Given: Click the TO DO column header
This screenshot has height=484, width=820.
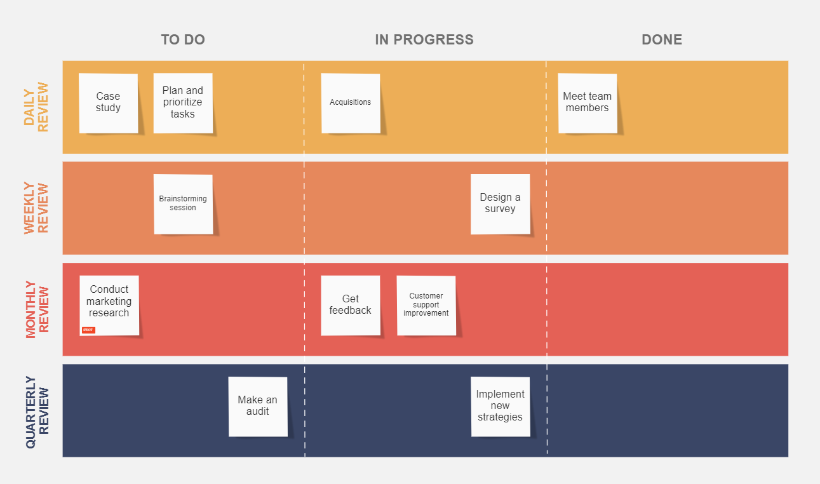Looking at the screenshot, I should pos(183,39).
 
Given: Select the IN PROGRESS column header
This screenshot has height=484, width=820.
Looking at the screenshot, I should pos(424,39).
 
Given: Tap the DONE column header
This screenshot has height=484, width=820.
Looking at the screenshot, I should pos(662,39).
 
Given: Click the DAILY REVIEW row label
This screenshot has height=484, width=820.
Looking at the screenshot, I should pos(37,107).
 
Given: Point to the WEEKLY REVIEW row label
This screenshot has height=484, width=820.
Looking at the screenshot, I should pos(37,208).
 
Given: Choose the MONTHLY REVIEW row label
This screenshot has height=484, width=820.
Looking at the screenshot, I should pos(37,309).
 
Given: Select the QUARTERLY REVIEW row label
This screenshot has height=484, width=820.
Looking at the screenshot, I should pos(37,411).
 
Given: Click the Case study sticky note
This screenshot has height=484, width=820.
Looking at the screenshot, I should pos(109,103).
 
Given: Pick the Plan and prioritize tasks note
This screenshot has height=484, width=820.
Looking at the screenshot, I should pos(183,103).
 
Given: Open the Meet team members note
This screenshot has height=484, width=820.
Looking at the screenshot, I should pos(588,103).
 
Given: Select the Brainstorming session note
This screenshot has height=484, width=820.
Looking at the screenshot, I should pos(183,204).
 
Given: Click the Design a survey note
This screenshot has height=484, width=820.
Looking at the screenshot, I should pos(501,204).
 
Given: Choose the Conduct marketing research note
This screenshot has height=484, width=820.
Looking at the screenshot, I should pos(109,305).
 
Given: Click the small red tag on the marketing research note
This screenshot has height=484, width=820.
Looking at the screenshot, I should pos(88,330).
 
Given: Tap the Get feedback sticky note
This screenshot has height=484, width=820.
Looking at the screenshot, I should pos(351,305).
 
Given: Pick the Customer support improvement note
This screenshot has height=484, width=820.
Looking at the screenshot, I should pos(426,305).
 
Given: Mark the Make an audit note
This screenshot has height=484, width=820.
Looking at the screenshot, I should pos(258,407).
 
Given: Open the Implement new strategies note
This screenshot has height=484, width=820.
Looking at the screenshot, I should pos(501,407).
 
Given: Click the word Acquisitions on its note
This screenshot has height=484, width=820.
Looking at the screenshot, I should pos(351,102).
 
